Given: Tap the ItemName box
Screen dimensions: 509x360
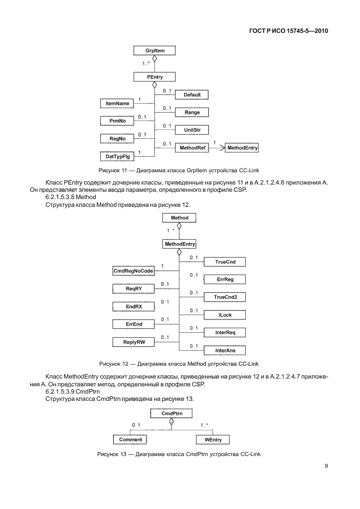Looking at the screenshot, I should pyautogui.click(x=114, y=104).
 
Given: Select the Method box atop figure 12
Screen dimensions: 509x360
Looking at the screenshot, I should pyautogui.click(x=179, y=217).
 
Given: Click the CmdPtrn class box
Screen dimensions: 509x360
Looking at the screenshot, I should pyautogui.click(x=172, y=413).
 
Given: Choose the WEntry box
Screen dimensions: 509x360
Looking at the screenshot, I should pyautogui.click(x=213, y=439).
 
